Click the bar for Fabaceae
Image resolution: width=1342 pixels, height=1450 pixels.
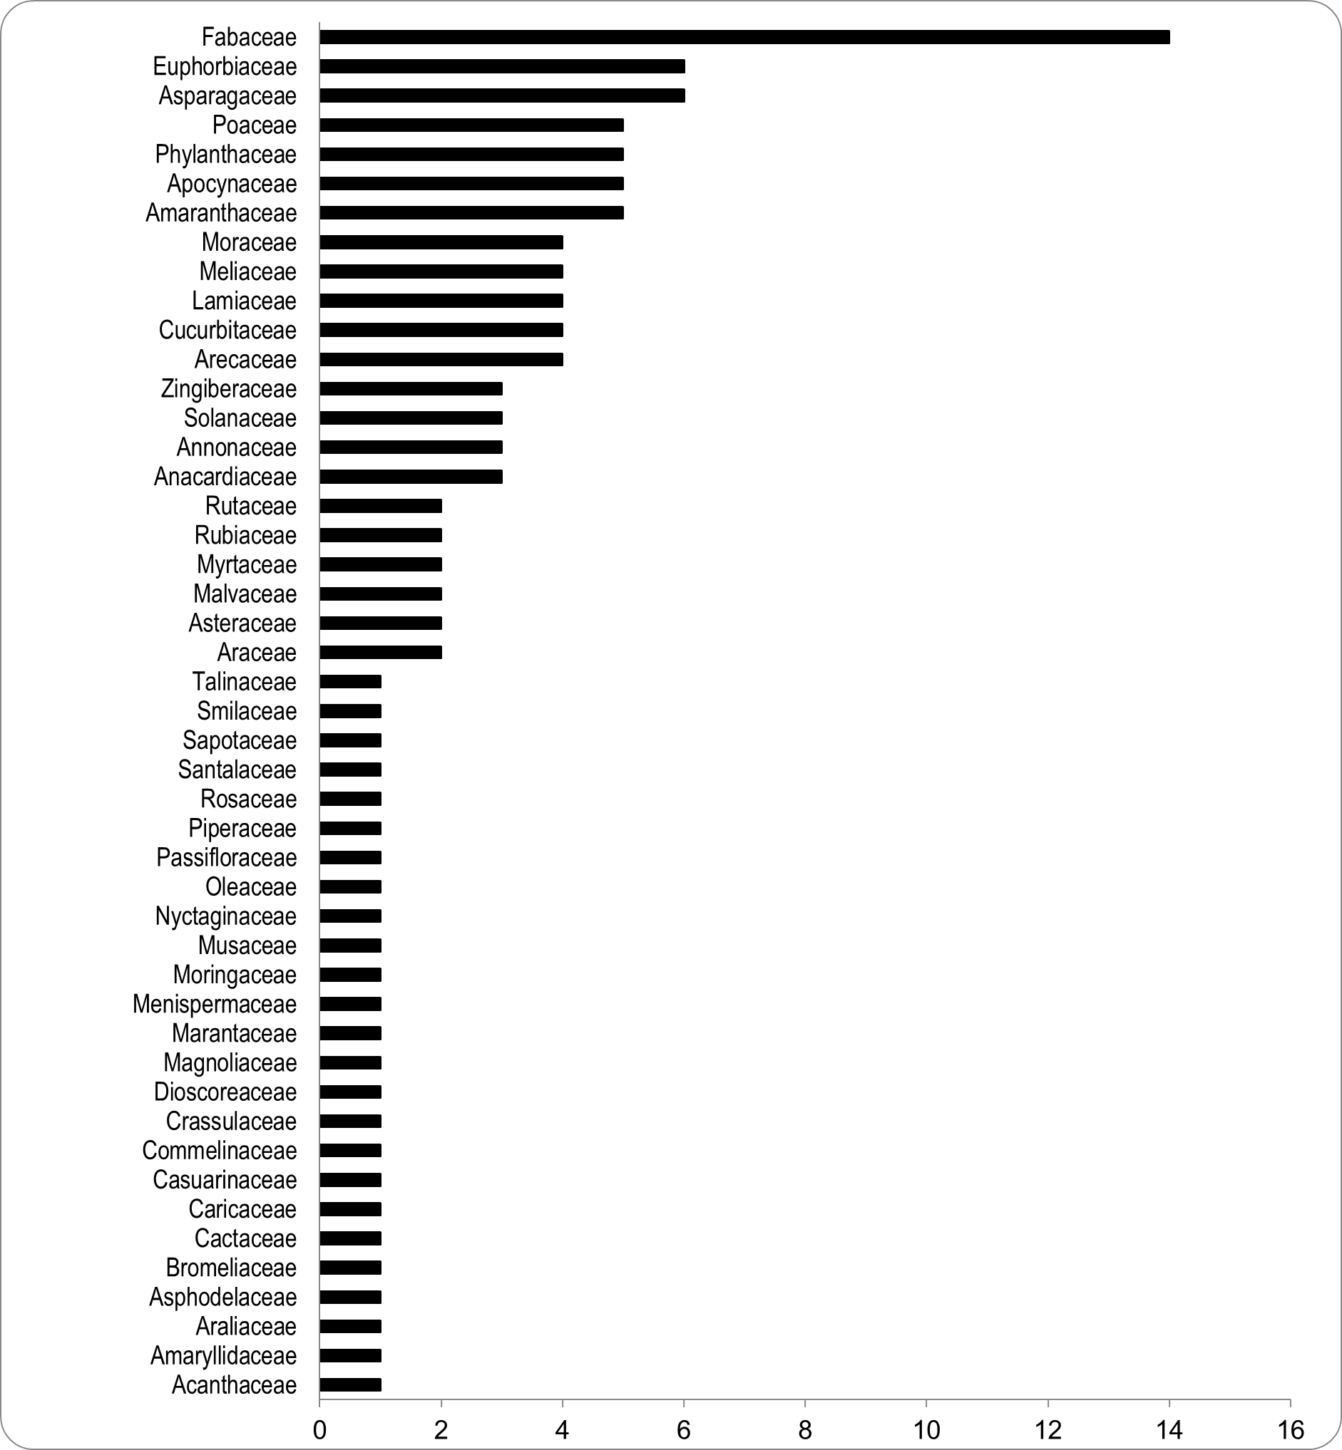click(744, 37)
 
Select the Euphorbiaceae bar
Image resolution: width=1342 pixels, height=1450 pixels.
click(502, 67)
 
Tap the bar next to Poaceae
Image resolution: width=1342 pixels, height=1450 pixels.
click(471, 125)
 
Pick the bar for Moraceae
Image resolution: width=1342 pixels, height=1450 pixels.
click(441, 242)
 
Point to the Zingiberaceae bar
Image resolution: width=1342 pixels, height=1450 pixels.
click(410, 389)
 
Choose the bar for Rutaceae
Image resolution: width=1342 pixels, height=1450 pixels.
click(381, 506)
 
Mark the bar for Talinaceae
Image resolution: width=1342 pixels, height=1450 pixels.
click(350, 681)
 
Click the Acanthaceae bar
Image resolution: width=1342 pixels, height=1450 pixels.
click(350, 1384)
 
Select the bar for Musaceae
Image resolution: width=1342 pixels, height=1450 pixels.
click(350, 946)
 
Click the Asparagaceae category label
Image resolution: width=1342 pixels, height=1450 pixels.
click(227, 95)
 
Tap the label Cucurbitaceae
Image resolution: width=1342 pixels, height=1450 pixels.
click(227, 330)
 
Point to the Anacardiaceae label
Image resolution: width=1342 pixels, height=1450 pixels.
click(225, 477)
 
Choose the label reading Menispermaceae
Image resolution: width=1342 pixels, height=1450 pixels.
click(214, 1005)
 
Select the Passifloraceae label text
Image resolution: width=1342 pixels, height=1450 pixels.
click(227, 858)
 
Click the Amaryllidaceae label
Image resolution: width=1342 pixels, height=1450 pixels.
click(223, 1356)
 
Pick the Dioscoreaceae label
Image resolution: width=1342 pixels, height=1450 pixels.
click(225, 1092)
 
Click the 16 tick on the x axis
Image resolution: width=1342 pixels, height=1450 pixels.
click(1290, 1431)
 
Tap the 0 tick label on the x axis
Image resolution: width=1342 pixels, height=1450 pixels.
click(319, 1431)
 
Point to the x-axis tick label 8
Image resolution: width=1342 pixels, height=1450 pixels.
click(804, 1431)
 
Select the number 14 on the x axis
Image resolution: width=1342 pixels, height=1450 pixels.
click(1169, 1431)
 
